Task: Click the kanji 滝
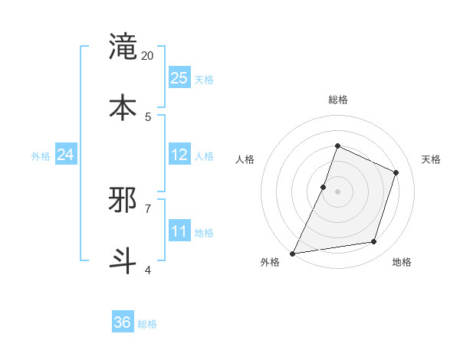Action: click(x=123, y=47)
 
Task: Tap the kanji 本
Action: click(x=123, y=106)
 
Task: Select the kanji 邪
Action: click(x=123, y=200)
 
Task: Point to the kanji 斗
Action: click(x=123, y=260)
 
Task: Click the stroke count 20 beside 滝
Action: click(x=148, y=56)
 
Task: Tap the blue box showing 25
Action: click(x=179, y=77)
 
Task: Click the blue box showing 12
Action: click(x=179, y=155)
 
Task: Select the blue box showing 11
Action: click(x=179, y=231)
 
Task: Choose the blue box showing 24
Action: click(x=65, y=155)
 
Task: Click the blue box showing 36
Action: click(x=122, y=322)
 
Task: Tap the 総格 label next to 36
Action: click(x=147, y=324)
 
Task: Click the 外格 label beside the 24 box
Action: click(x=41, y=156)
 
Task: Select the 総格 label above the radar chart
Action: click(x=337, y=100)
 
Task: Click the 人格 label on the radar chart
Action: click(x=245, y=159)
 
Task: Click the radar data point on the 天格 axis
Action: click(x=396, y=172)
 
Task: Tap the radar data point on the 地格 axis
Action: click(x=374, y=242)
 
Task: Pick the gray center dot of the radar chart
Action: click(x=337, y=191)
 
